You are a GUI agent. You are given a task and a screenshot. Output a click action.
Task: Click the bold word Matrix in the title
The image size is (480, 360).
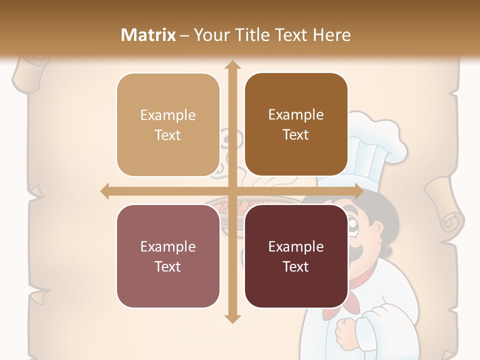(x=148, y=35)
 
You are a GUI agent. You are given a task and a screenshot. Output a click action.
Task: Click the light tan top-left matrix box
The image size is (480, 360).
(x=168, y=125)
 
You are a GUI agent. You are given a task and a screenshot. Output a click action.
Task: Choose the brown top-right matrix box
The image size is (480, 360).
(x=296, y=125)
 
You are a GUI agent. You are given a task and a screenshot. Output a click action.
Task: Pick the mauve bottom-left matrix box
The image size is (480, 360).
(x=168, y=256)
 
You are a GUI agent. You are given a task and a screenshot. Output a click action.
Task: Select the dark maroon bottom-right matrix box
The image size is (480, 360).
(x=296, y=256)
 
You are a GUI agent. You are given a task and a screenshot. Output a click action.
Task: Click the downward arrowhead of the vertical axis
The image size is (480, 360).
(x=231, y=318)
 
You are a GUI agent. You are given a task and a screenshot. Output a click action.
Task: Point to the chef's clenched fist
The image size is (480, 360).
(x=347, y=331)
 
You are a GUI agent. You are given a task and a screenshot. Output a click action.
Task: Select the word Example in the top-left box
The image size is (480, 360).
(x=168, y=115)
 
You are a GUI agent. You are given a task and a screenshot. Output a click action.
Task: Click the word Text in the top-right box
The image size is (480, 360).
(x=296, y=135)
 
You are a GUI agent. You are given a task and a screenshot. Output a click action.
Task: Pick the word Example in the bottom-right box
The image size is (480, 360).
(x=296, y=246)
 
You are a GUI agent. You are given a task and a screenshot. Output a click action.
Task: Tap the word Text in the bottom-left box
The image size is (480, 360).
(x=168, y=266)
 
